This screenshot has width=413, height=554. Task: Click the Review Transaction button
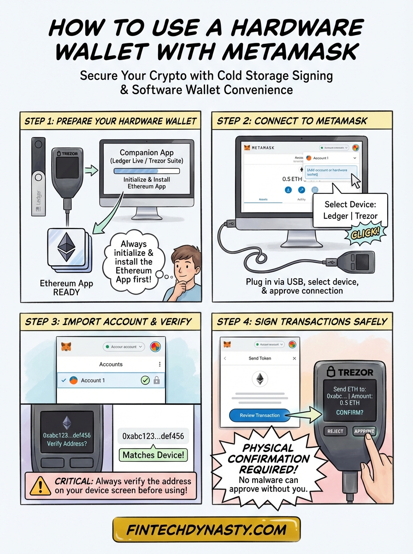[260, 415]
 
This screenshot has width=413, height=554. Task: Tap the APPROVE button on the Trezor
[364, 431]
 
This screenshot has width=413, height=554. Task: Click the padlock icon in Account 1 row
[156, 380]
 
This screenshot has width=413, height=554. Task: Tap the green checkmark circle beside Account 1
[145, 380]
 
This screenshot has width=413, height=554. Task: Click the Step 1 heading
[111, 121]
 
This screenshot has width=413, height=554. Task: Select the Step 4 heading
[302, 321]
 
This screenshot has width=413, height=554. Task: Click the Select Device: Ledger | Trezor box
[351, 210]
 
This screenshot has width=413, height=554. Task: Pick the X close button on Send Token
[295, 358]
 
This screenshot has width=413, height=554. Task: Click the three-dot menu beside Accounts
[159, 364]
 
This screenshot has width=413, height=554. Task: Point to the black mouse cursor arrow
[355, 181]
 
